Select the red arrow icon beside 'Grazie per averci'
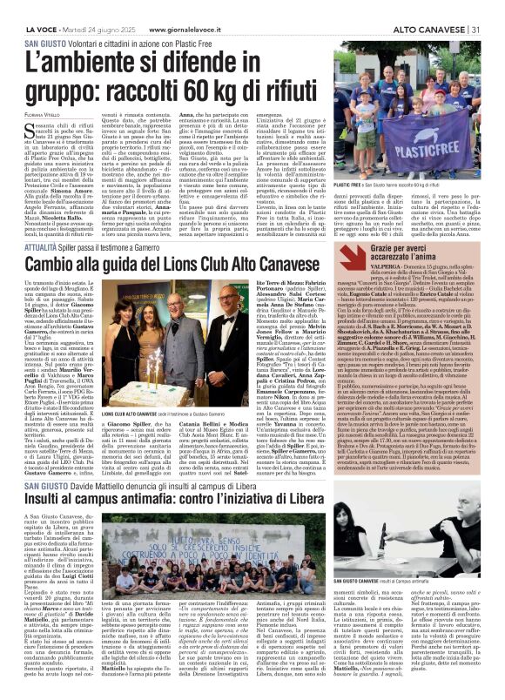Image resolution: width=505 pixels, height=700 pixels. point(353,255)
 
